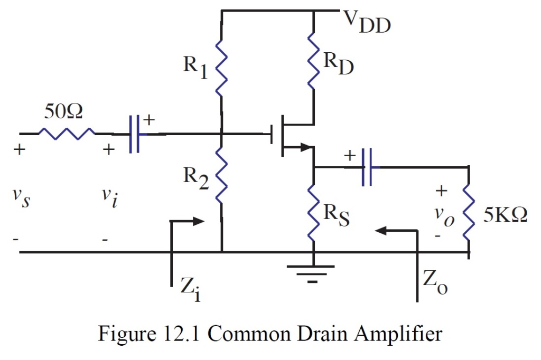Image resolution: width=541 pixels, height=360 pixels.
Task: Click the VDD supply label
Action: pos(368,21)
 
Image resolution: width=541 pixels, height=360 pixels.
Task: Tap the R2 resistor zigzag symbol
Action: pos(221,174)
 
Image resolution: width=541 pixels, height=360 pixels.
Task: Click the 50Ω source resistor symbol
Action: pos(67,134)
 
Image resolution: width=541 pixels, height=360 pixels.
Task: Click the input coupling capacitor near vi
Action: pos(135,135)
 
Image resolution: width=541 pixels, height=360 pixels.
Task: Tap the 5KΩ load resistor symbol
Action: pos(468,211)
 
